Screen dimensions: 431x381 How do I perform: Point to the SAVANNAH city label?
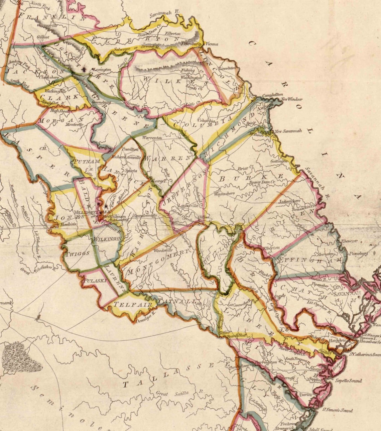347,293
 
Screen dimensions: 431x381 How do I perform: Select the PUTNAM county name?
87,161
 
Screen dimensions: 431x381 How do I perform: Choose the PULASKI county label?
95,281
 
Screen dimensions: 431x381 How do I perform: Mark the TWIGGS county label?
78,253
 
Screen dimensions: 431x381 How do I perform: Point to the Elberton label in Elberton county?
173,33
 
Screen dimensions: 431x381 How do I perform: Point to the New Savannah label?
288,131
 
